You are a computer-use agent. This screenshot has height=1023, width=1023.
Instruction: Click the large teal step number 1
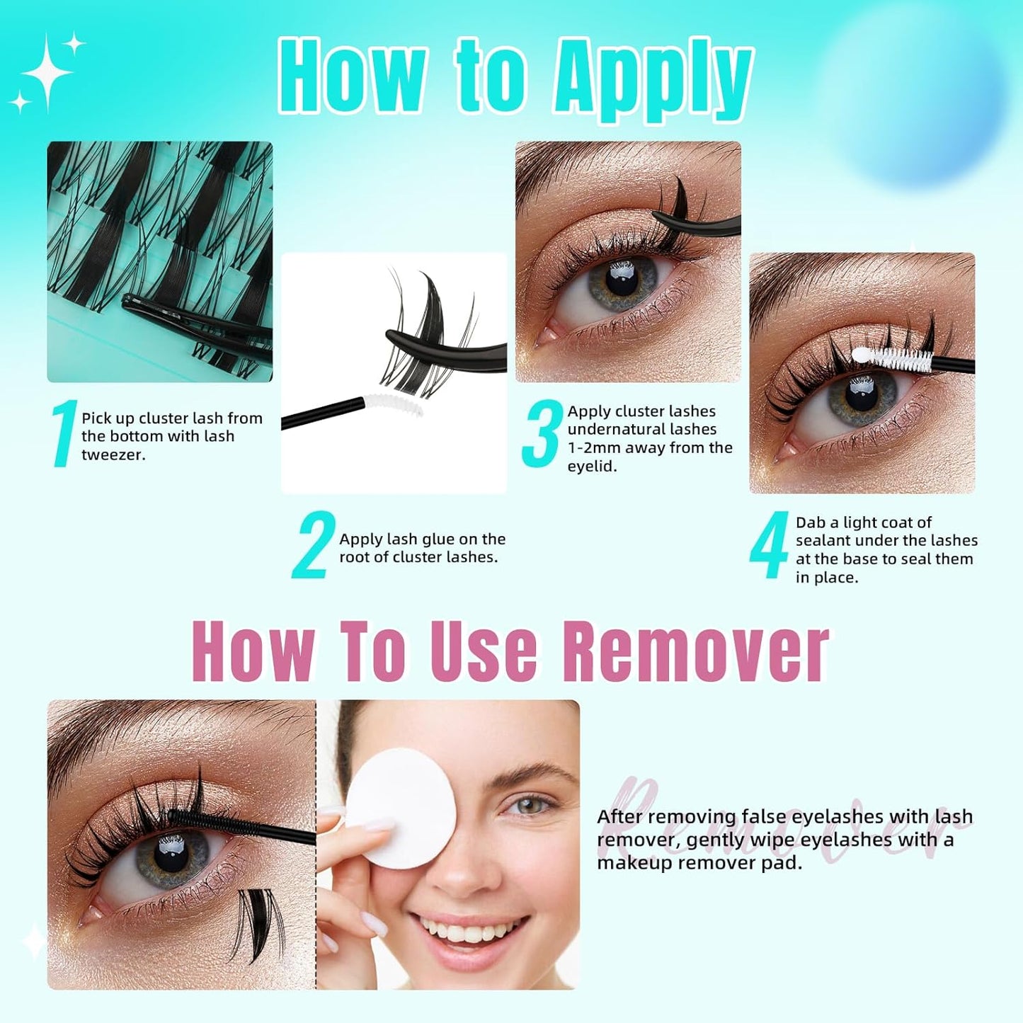coord(64,433)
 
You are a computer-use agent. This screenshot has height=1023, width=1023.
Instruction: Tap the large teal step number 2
coord(313,544)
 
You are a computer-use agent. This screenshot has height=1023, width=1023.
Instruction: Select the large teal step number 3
coord(542,433)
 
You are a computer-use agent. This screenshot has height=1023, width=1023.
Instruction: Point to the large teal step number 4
coord(769,544)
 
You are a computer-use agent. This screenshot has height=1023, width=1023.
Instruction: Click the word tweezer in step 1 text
coord(113,455)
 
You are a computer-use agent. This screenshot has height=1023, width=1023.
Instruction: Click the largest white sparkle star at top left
coord(47,72)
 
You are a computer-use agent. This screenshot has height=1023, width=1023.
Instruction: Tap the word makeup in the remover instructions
coord(634,864)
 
